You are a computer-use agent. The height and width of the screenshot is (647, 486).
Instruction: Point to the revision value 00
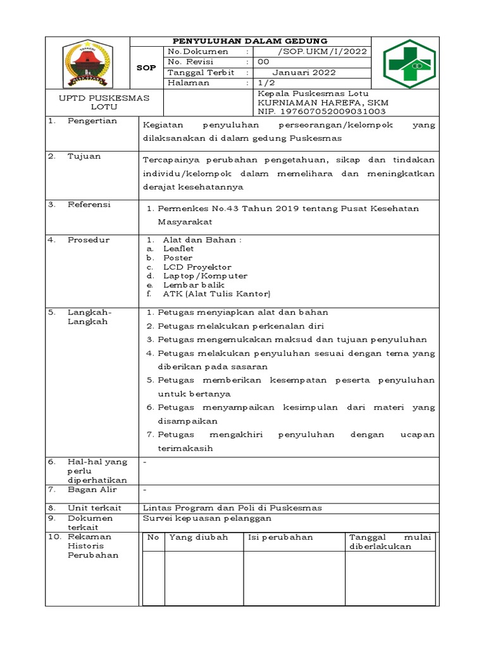pyautogui.click(x=263, y=62)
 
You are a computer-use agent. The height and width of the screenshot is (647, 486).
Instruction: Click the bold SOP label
pyautogui.click(x=146, y=68)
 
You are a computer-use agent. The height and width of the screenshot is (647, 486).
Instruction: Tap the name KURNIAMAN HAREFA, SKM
pyautogui.click(x=323, y=102)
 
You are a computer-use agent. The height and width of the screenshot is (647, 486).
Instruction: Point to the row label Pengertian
pyautogui.click(x=92, y=121)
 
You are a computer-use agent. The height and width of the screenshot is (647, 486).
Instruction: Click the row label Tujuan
pyautogui.click(x=84, y=156)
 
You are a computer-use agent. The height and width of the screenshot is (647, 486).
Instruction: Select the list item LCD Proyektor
pyautogui.click(x=197, y=267)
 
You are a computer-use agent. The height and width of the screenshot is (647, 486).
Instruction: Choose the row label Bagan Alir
pyautogui.click(x=92, y=490)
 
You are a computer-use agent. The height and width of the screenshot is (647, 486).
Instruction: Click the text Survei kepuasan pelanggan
pyautogui.click(x=207, y=518)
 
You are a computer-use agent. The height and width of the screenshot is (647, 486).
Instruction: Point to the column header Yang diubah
pyautogui.click(x=198, y=537)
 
